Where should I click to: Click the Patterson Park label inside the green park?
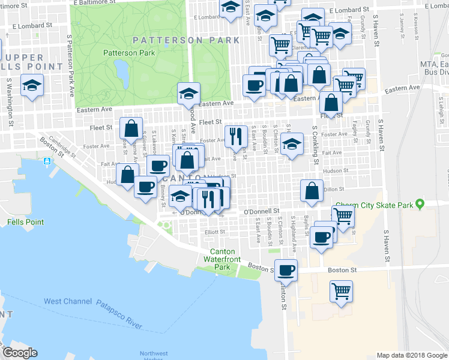[x=129, y=53]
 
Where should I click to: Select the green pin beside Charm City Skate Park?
[x=420, y=205]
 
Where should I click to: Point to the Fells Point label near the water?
[x=25, y=222]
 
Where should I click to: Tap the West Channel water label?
[x=68, y=301]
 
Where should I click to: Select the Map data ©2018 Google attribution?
[x=412, y=355]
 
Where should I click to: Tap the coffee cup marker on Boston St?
[x=286, y=269]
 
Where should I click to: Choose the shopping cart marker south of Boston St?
[x=341, y=292]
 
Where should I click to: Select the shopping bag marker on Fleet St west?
[x=131, y=128]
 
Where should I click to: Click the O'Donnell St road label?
[x=262, y=211]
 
